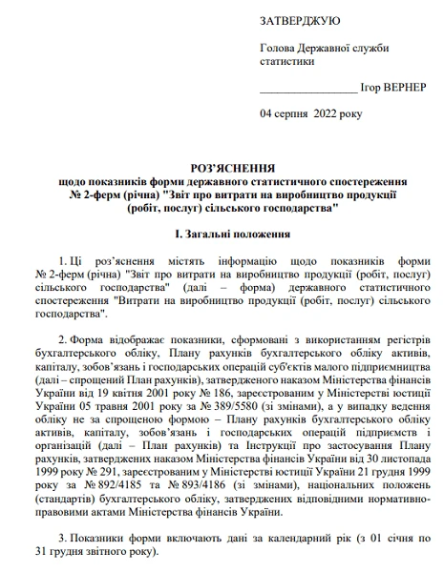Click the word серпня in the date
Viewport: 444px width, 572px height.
tap(294, 113)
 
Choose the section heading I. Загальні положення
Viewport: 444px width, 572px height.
tap(226, 234)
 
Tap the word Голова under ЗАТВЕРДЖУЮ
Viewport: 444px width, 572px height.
tap(278, 48)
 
